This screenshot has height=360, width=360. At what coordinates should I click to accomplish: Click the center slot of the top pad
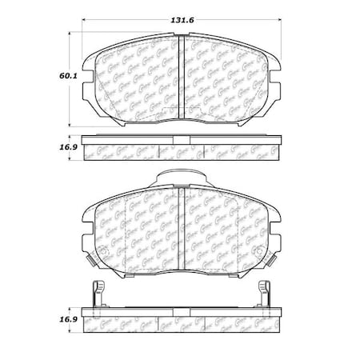point(181,80)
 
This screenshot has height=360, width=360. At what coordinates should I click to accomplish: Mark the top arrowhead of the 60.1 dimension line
point(73,34)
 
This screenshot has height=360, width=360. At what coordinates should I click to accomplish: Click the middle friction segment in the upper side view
point(181,150)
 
